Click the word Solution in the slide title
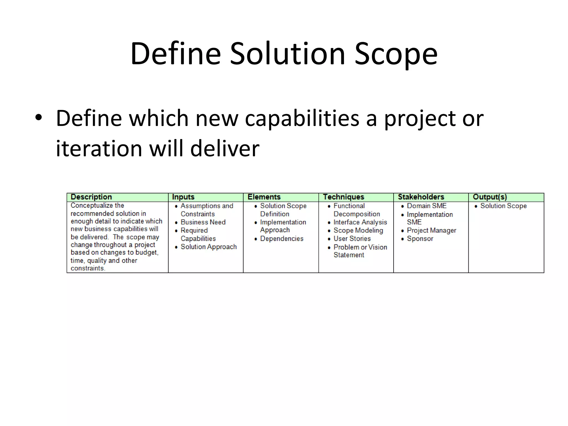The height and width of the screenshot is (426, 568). click(x=287, y=54)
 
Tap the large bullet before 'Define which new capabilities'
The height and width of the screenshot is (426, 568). click(x=39, y=118)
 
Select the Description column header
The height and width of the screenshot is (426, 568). click(x=91, y=197)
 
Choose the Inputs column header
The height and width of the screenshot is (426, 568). click(x=183, y=197)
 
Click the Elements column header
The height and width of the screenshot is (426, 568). click(x=264, y=197)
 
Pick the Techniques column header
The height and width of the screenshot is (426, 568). click(x=343, y=197)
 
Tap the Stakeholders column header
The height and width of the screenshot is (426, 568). click(x=421, y=197)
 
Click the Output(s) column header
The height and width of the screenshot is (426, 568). click(x=490, y=197)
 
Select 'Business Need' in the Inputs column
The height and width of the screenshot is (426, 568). click(x=203, y=222)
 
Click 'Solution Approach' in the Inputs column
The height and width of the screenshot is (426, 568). click(x=209, y=247)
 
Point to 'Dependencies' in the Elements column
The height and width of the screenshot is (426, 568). click(x=282, y=239)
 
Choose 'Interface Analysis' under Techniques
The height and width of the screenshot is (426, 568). click(x=360, y=222)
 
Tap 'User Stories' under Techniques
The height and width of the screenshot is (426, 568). click(x=352, y=239)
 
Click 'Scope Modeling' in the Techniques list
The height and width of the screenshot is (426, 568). click(x=358, y=230)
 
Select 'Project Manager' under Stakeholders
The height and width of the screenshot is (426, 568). click(x=431, y=230)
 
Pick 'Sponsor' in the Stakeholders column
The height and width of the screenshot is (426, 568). click(x=420, y=239)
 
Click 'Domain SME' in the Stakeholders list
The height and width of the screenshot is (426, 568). click(x=427, y=206)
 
